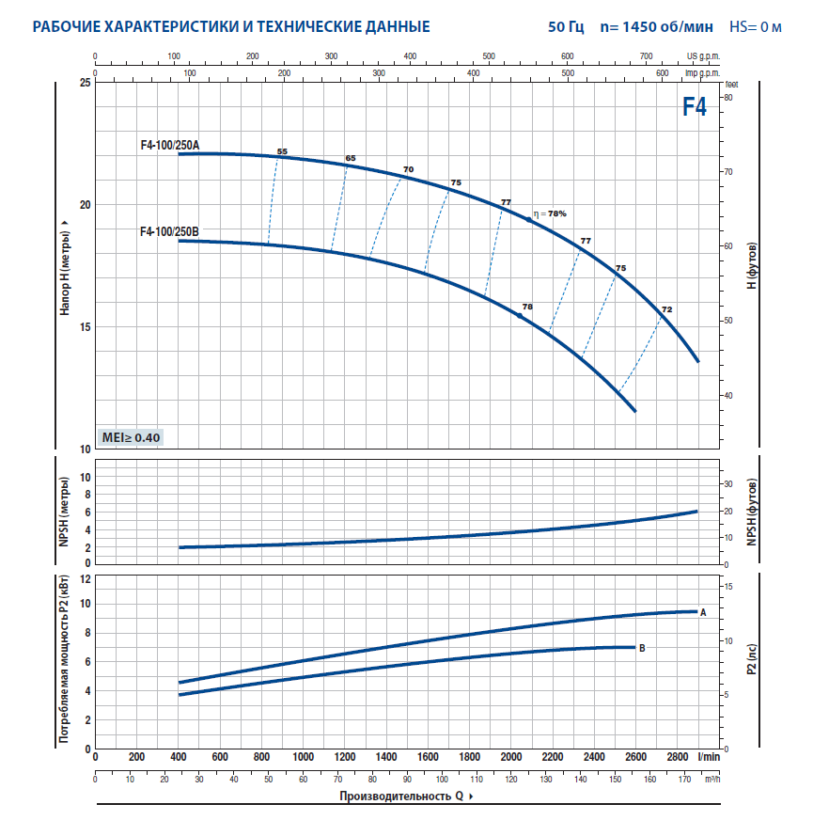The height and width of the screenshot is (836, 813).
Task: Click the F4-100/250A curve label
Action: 170,144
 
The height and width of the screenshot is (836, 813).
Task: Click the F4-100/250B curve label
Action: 170,231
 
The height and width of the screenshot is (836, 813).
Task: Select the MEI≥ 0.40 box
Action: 131,437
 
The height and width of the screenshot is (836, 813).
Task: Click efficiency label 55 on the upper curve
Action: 282,151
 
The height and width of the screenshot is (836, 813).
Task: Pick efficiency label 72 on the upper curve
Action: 666,309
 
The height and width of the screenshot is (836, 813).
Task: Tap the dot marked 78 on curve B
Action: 519,316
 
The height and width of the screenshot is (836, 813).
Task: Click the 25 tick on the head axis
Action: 86,83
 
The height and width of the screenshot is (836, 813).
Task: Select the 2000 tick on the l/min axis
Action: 511,757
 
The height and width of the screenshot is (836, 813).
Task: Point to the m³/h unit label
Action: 712,779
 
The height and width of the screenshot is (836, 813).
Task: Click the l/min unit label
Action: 710,757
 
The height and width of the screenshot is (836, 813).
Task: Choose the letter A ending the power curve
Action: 703,612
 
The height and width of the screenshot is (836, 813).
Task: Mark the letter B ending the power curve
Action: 642,648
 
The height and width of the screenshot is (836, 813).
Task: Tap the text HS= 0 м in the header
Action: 756,26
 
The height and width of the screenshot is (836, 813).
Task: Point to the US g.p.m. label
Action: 703,56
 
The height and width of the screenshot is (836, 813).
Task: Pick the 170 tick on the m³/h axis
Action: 683,779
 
